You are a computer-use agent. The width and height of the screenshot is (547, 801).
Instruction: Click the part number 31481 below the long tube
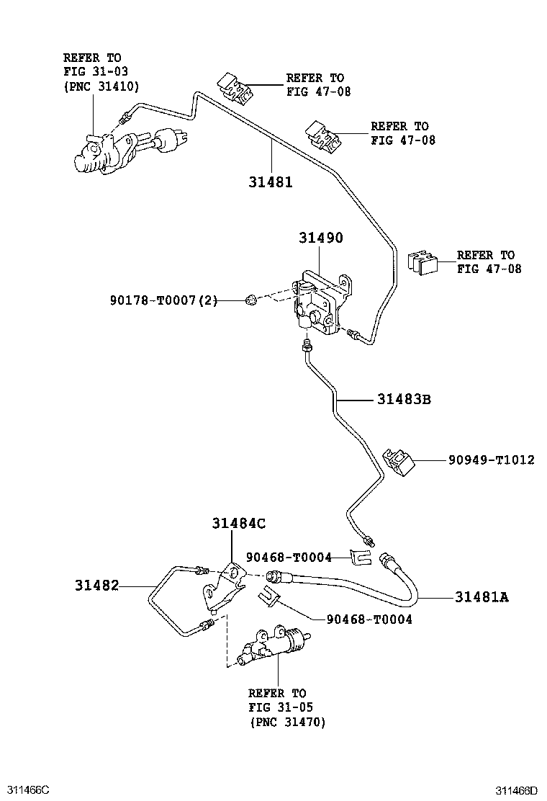tap(271, 182)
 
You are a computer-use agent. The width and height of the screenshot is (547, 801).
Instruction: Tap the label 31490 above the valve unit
tap(321, 238)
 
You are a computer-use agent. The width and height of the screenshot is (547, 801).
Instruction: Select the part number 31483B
tap(404, 399)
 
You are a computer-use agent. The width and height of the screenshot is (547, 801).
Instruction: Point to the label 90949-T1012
tap(492, 460)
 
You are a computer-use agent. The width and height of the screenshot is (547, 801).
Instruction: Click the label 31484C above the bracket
tap(239, 524)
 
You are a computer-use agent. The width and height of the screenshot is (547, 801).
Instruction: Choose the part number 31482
tap(97, 585)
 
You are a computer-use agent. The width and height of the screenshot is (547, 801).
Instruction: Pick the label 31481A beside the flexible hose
tap(482, 596)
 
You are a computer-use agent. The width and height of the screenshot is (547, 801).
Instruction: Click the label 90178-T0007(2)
tap(164, 300)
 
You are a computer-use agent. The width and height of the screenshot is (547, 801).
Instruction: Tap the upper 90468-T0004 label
tap(289, 558)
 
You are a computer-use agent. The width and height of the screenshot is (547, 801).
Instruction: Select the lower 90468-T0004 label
tap(369, 619)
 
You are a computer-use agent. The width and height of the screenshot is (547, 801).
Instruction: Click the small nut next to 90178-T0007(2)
tap(251, 300)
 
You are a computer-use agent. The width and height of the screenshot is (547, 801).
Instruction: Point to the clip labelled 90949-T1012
tap(399, 461)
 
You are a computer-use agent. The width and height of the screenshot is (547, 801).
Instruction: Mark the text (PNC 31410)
tap(101, 86)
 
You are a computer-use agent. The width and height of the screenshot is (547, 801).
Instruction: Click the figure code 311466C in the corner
tap(25, 789)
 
